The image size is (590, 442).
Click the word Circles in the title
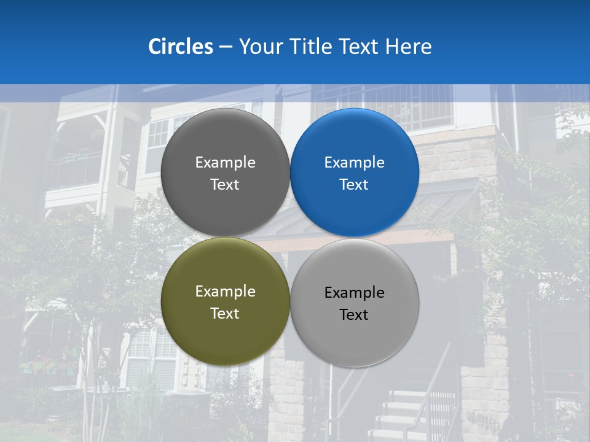[180, 47]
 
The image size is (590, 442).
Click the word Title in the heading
[309, 47]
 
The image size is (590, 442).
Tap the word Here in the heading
[408, 47]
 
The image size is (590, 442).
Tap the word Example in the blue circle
[355, 163]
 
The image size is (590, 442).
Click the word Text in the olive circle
[225, 313]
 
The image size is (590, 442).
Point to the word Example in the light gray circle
[355, 293]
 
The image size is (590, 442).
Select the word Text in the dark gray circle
[225, 184]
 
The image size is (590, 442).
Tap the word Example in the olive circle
[225, 292]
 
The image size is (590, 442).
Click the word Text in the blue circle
[355, 184]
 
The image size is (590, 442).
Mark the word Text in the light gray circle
[355, 314]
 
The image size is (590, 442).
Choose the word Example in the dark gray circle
[225, 163]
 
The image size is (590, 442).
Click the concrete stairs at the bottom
[399, 417]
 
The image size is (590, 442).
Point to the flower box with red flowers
[46, 366]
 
